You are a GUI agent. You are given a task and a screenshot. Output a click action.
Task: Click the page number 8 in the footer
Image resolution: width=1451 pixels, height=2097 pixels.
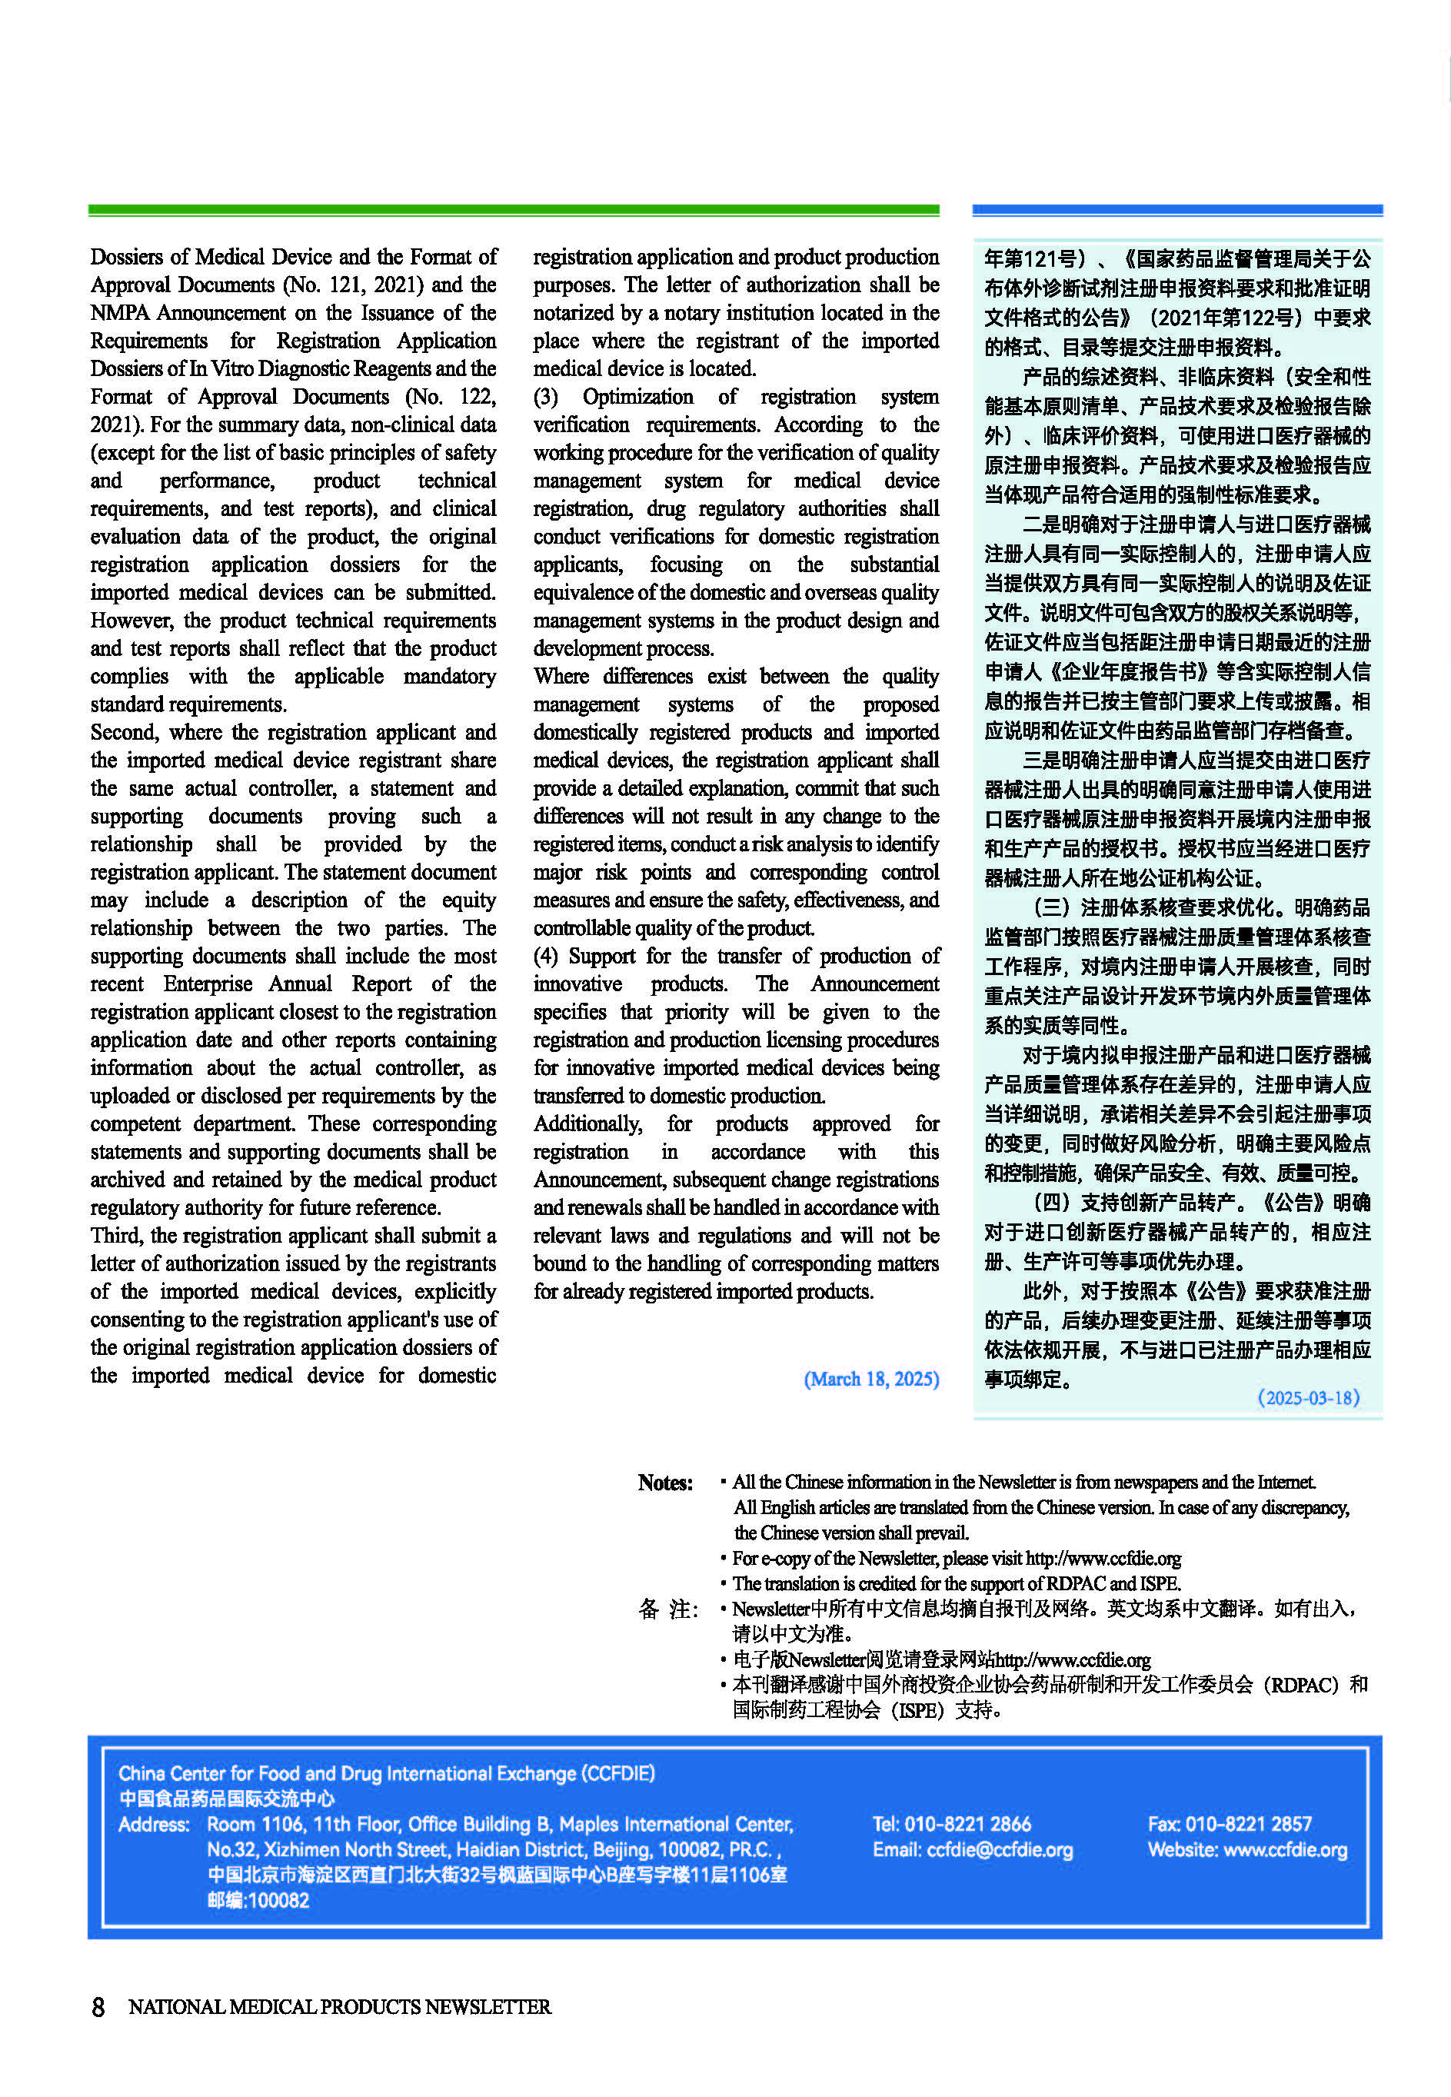click(98, 2006)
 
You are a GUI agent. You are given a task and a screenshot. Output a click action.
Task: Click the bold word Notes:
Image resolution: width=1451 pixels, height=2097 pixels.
click(664, 1483)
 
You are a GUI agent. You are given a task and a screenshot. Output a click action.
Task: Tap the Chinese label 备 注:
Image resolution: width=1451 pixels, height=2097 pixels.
click(667, 1609)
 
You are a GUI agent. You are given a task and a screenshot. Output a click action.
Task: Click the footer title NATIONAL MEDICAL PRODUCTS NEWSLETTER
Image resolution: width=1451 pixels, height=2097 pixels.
click(339, 2006)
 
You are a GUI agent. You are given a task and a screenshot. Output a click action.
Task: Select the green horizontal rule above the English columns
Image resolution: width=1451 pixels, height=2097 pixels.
click(513, 210)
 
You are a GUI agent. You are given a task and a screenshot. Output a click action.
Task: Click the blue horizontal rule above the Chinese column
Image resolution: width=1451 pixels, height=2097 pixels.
click(1176, 210)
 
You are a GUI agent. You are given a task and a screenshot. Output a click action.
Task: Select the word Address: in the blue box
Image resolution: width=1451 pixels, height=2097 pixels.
click(154, 1823)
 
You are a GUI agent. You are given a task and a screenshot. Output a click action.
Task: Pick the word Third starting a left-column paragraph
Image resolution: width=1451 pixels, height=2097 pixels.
click(115, 1235)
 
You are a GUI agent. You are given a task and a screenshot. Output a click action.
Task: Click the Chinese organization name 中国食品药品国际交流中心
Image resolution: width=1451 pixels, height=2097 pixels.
click(226, 1798)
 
